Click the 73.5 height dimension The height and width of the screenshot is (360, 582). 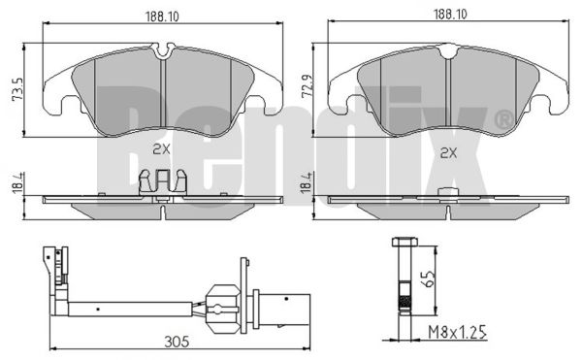point(17,89)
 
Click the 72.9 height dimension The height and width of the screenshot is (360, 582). point(307,86)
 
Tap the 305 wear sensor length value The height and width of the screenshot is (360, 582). point(177,342)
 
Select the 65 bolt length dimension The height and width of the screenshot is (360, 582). point(429,278)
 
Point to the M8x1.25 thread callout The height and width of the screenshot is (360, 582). point(457,333)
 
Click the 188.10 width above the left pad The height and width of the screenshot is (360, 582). point(162,16)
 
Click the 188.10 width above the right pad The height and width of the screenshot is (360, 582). point(450,15)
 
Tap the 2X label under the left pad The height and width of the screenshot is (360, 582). point(161,149)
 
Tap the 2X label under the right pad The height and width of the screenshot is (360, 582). point(448,152)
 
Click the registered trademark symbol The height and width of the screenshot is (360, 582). point(502,120)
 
